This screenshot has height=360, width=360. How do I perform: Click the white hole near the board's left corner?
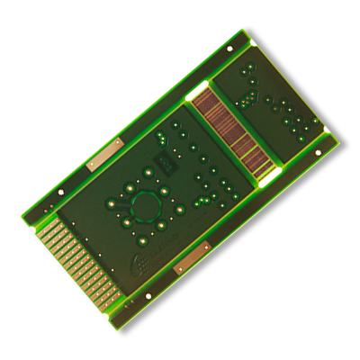60,193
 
